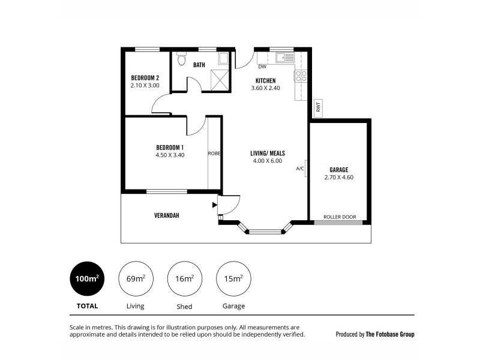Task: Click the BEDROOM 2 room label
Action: [x=145, y=77]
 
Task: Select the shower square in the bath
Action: [x=221, y=80]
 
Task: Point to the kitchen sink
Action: [x=282, y=58]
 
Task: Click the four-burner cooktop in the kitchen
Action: [x=301, y=76]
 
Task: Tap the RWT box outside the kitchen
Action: [x=318, y=109]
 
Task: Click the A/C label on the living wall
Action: [x=300, y=169]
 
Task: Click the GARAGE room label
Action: [x=339, y=170]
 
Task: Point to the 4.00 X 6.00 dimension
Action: [x=267, y=161]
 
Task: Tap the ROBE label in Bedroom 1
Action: [x=214, y=154]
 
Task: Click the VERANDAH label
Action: [x=167, y=215]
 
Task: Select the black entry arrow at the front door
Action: [x=214, y=205]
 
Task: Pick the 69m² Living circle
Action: [x=136, y=279]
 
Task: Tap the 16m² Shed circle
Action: [x=184, y=279]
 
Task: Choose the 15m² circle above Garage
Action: [x=233, y=279]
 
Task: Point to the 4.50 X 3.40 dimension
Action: [x=170, y=155]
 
